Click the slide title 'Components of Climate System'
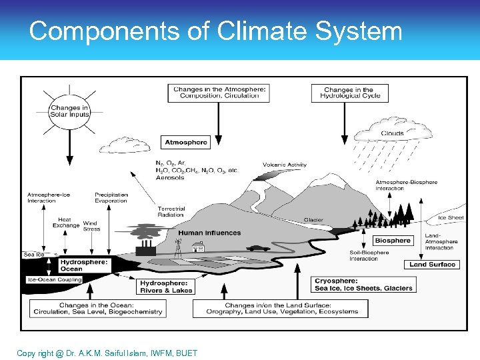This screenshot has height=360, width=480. point(215,31)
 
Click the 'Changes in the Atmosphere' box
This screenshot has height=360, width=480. point(219,92)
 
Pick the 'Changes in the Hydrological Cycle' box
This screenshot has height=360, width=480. point(349,93)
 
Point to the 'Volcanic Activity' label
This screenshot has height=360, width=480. point(285,165)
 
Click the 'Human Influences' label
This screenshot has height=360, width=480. point(209,233)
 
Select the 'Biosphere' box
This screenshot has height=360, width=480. point(393,240)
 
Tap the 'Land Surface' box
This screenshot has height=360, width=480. point(432,265)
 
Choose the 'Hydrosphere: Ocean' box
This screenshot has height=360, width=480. point(83,265)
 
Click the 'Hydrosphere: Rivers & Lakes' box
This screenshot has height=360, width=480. point(166,287)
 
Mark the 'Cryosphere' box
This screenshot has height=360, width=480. point(363,285)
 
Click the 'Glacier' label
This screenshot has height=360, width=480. point(313,220)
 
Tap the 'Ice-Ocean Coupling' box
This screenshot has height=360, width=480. point(54,280)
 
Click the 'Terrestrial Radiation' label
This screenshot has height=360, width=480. point(171,212)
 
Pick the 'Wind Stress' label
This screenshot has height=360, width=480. point(91,226)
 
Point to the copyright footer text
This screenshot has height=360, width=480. point(107,353)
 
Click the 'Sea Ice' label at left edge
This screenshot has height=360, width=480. point(34,255)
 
